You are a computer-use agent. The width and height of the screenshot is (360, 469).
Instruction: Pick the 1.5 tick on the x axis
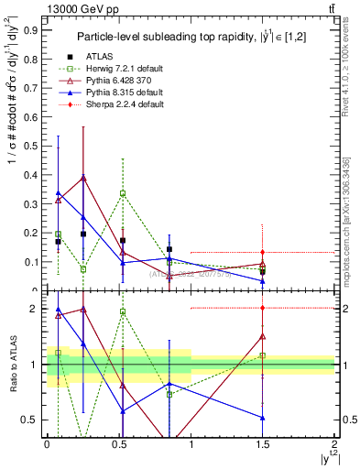(x=263, y=443)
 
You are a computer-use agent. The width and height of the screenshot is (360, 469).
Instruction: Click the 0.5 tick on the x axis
(x=119, y=443)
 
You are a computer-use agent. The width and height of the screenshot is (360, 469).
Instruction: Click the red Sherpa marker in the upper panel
(x=263, y=252)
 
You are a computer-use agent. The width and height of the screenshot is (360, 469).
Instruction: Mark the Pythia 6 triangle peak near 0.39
(x=83, y=178)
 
